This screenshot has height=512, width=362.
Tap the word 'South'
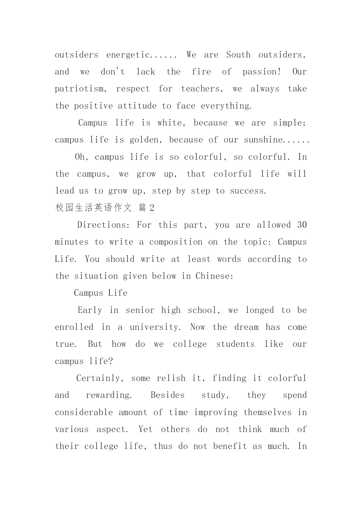click(x=238, y=55)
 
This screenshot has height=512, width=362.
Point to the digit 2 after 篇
click(x=151, y=208)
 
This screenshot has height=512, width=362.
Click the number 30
click(x=302, y=225)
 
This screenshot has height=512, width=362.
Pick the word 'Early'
click(x=90, y=310)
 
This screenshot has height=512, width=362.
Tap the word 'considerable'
click(x=84, y=412)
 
